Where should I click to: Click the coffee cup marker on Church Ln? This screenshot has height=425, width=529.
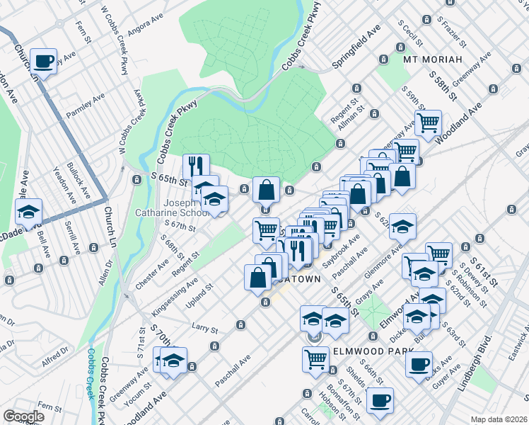click(x=44, y=62)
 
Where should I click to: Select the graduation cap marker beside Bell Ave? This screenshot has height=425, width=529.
click(x=29, y=212)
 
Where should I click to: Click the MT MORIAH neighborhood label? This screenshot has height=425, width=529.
click(x=432, y=59)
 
